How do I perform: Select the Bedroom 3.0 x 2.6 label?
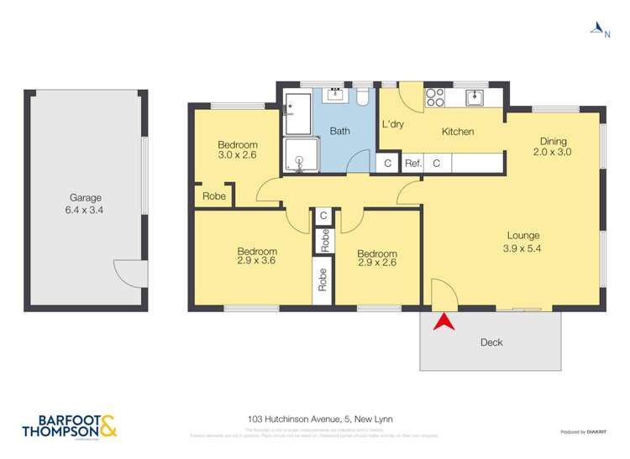coord(237,149)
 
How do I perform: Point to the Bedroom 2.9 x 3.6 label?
coord(256,256)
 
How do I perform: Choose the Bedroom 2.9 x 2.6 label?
coord(376,258)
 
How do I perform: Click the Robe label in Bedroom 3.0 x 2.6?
coord(213,196)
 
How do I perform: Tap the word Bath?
coord(339,132)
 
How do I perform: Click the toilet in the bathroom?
coord(363,97)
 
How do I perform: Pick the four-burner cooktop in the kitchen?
coord(435,97)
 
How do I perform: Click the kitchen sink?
coord(475,97)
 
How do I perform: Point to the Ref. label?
coord(412,164)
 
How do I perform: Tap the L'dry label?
coord(393,125)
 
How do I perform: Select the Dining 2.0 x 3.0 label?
coord(553,147)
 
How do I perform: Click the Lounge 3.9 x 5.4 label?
coord(522,241)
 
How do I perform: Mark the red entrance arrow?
coord(444,322)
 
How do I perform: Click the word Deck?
coord(491,342)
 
